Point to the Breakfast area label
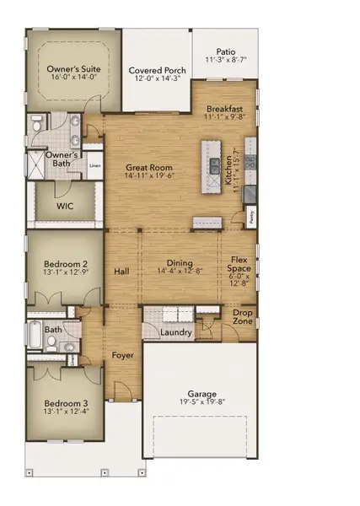click(225, 109)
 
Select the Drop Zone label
click(244, 317)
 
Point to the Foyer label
click(123, 355)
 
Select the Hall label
click(121, 272)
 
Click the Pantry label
click(251, 216)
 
